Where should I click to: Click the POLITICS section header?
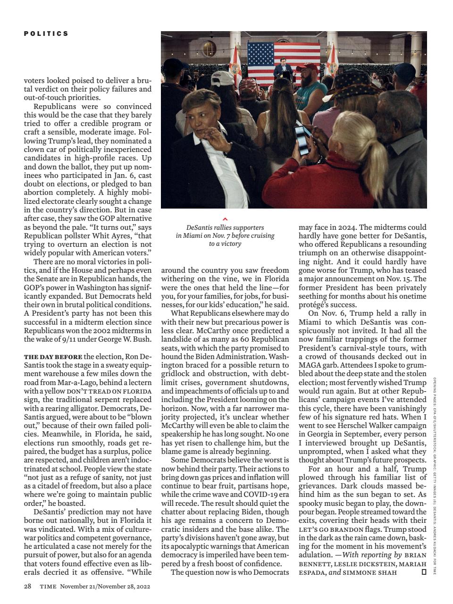tap(46, 34)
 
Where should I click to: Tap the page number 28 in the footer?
tap(27, 587)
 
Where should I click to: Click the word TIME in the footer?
tap(48, 587)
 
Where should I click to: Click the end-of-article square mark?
tap(424, 572)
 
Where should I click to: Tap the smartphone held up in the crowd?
tap(301, 136)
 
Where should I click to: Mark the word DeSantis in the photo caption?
tap(200, 227)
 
